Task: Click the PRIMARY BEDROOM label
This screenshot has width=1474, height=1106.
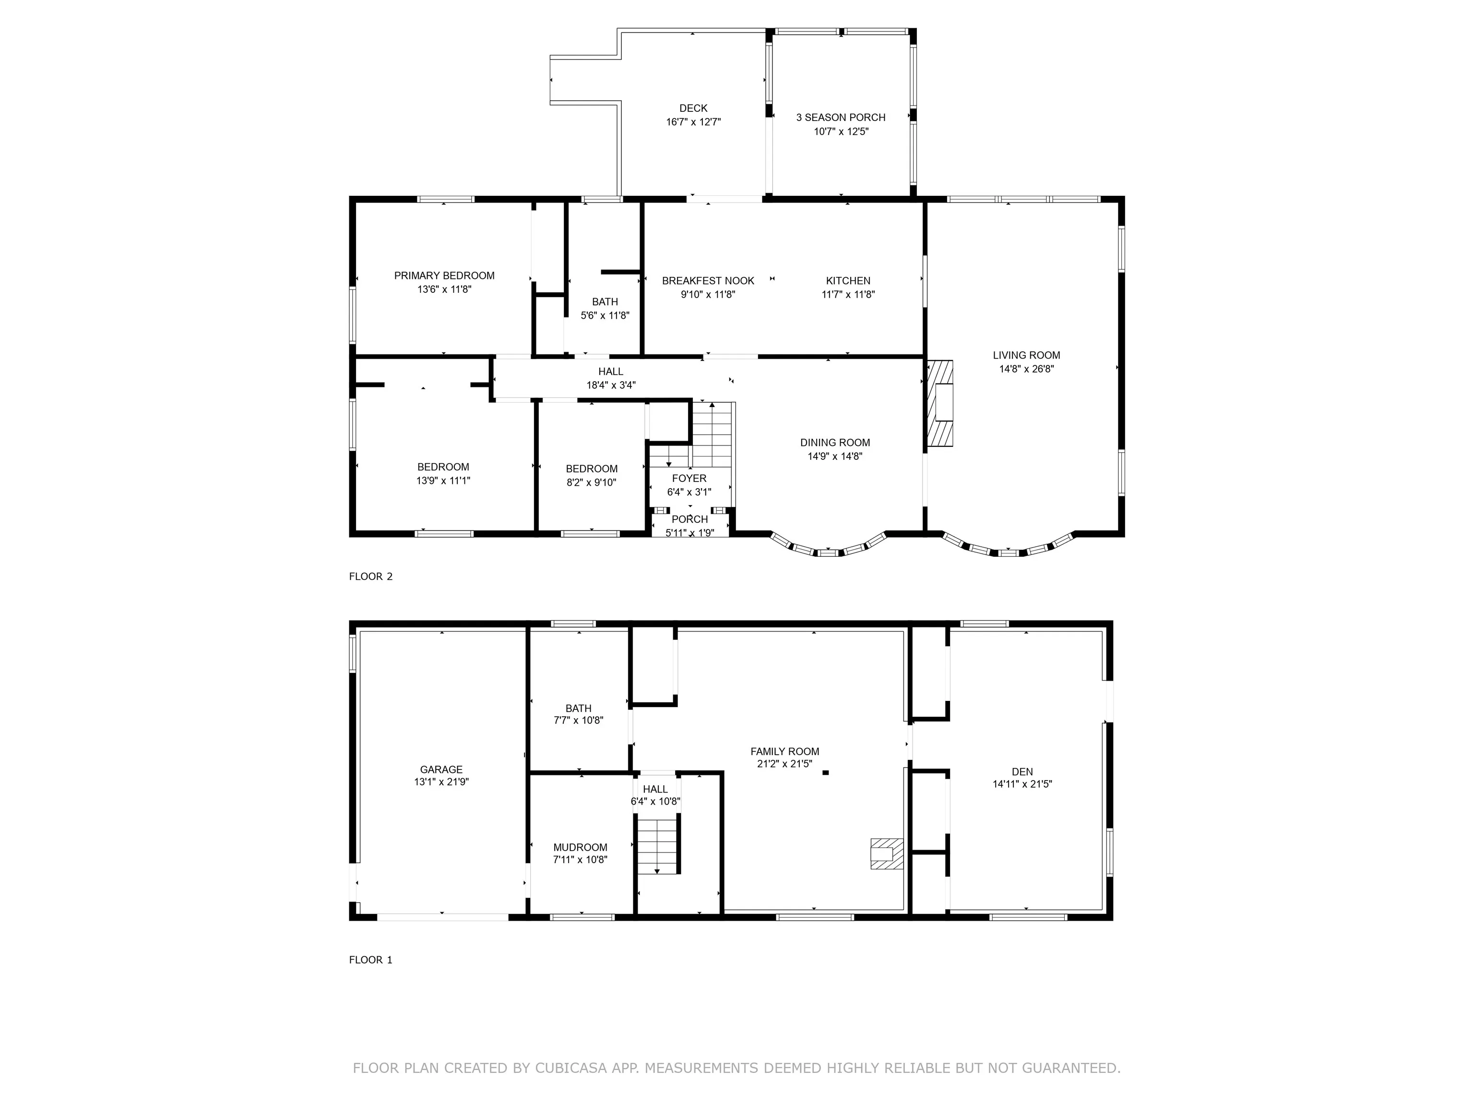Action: point(444,276)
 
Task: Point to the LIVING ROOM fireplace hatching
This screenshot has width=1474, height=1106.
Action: point(939,403)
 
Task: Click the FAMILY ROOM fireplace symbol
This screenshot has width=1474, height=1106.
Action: point(887,854)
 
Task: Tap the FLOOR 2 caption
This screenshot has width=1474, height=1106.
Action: point(370,577)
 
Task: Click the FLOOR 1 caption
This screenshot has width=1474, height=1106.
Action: point(370,960)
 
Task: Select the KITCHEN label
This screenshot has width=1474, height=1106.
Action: point(848,281)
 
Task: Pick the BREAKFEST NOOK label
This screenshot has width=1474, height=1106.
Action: point(708,281)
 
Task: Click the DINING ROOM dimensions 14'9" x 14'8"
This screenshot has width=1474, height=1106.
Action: point(835,457)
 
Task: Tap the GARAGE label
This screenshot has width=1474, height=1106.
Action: point(441,769)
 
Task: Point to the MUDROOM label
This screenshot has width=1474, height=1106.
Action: point(580,847)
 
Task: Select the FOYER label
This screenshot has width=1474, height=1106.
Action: point(689,479)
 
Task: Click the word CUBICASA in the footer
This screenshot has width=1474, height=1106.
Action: point(571,1069)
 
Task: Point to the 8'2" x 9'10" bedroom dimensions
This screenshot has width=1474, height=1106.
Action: point(591,482)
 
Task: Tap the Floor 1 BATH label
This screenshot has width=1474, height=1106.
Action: point(578,709)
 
